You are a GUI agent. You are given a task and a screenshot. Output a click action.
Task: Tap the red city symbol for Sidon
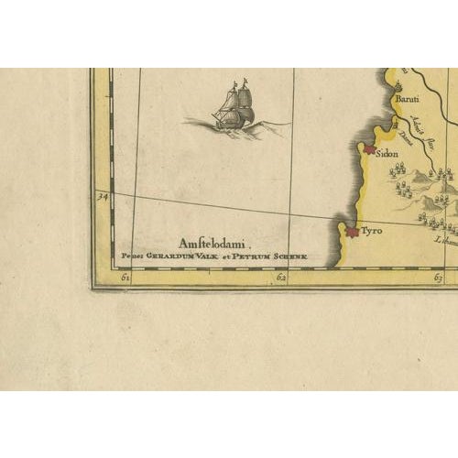[x=370, y=148]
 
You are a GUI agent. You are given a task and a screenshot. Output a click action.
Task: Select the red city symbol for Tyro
[x=351, y=233]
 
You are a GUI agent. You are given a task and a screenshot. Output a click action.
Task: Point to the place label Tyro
[x=371, y=232]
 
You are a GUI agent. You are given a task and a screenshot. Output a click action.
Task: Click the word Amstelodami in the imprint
[x=215, y=242]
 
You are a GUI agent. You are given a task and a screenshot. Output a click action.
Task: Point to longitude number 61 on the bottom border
[x=125, y=277]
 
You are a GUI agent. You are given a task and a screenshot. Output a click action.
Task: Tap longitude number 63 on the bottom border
[x=438, y=277]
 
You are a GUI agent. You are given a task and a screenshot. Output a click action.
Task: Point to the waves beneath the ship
[x=234, y=125]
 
